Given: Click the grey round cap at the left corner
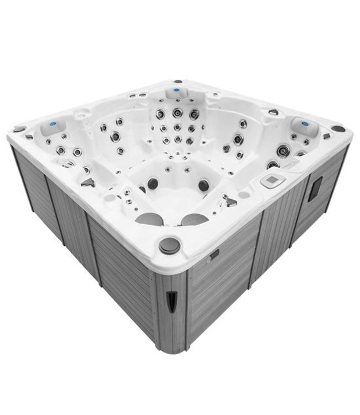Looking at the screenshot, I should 19,129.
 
